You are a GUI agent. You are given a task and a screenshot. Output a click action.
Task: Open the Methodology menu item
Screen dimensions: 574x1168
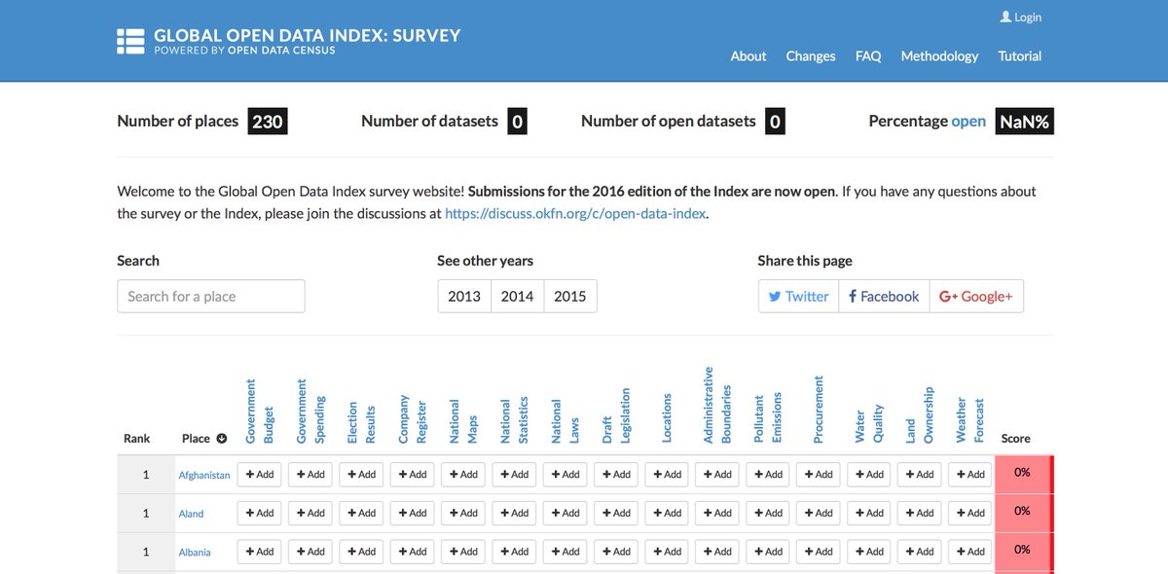pos(939,55)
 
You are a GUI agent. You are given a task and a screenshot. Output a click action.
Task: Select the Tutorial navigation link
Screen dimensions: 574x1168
pos(1019,55)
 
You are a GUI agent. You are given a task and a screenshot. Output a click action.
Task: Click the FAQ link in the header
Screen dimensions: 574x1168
pos(868,55)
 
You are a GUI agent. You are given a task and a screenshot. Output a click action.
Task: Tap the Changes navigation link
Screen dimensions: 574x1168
pos(811,55)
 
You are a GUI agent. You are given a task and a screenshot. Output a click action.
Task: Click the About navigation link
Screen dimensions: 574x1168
pos(748,55)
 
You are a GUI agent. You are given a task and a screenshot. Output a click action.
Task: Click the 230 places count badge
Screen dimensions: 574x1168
pos(267,122)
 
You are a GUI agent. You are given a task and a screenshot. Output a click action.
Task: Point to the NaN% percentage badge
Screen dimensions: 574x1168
pos(1024,122)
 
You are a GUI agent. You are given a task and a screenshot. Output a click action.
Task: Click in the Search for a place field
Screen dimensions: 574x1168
pos(210,296)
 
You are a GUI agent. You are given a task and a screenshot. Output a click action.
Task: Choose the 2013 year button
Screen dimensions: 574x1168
pos(464,296)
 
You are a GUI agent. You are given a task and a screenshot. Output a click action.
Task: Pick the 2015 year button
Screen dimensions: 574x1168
pos(569,296)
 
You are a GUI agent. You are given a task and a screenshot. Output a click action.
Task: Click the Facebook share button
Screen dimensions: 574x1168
pos(883,296)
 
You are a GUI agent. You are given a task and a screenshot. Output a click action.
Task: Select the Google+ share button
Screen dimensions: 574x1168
pos(976,296)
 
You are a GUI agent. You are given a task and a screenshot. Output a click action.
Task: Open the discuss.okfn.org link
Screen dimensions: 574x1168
pos(575,213)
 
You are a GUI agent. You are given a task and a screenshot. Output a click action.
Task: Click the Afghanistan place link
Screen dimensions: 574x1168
pos(204,475)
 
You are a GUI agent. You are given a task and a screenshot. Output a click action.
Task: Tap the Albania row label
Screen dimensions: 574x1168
pos(194,552)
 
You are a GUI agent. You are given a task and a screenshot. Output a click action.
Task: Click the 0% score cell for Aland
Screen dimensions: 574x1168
pos(1022,512)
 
